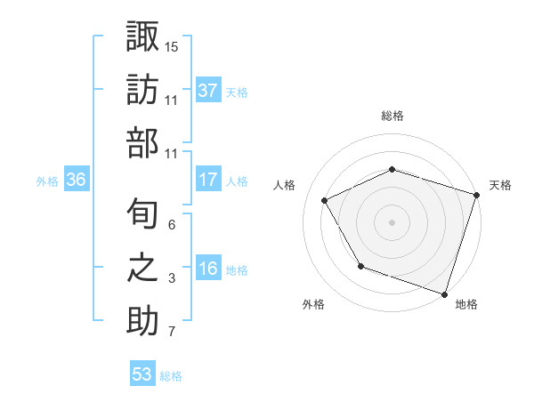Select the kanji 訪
tap(142, 90)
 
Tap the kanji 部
tap(142, 143)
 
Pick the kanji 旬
tap(142, 214)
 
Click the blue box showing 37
tap(208, 90)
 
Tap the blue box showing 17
tap(208, 180)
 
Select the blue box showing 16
tap(208, 269)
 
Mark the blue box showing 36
tap(77, 180)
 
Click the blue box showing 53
tap(142, 374)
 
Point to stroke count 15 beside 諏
tap(172, 45)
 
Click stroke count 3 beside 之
tap(172, 278)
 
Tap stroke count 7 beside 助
tap(172, 333)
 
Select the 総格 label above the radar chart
tap(392, 116)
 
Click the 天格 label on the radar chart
tap(501, 185)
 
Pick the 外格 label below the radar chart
tap(313, 304)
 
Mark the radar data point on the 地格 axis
tap(444, 293)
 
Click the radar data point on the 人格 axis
tap(325, 201)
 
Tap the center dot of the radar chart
tap(392, 221)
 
